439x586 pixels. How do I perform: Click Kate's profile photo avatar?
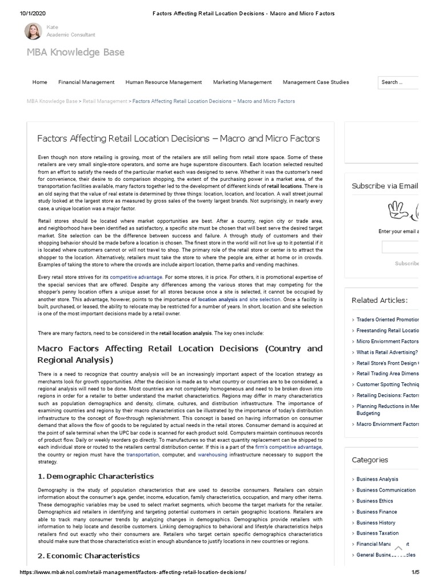33,31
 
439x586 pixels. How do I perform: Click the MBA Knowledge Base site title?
75,53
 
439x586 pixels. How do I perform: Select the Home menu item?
40,82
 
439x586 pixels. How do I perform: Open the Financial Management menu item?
86,82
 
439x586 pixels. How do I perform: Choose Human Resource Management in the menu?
163,82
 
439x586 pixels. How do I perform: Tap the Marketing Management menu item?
242,82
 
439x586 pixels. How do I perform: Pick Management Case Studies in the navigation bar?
316,82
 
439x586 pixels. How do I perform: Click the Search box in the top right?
398,82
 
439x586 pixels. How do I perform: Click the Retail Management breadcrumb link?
105,101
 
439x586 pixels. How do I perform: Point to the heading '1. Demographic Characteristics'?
95,476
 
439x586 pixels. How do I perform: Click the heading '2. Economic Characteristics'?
89,556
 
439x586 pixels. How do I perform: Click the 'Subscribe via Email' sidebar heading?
385,186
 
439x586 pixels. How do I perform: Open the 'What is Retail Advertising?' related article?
387,353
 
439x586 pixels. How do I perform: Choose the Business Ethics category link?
374,501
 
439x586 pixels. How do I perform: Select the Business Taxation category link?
378,533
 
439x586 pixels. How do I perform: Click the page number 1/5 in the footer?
416,573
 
